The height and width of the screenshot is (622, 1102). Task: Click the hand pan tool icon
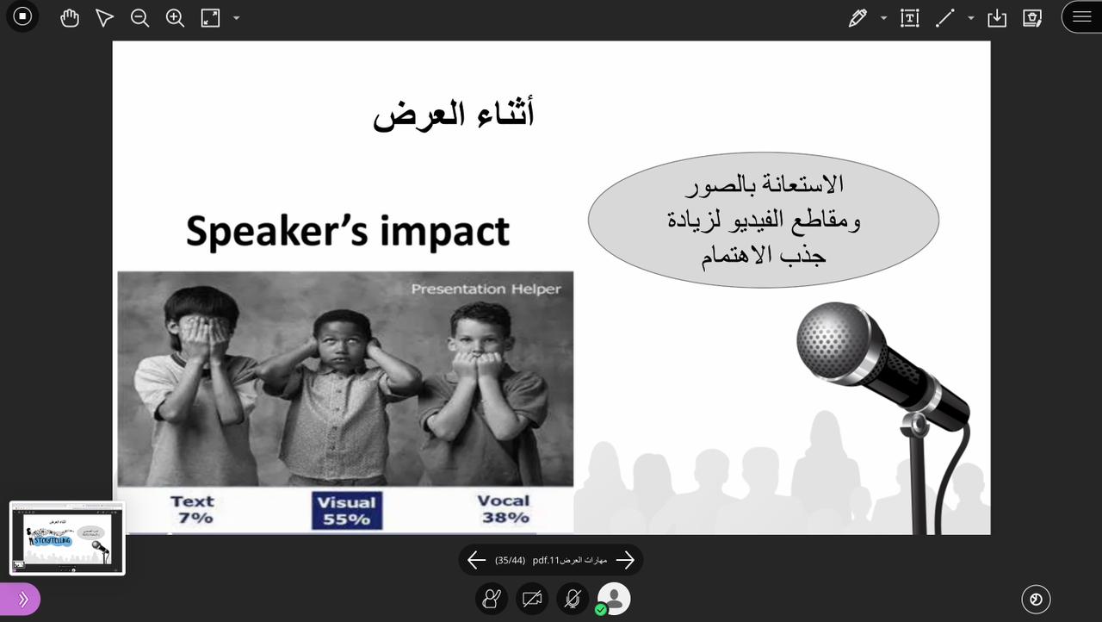pyautogui.click(x=70, y=18)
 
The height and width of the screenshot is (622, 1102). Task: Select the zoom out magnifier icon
pyautogui.click(x=139, y=18)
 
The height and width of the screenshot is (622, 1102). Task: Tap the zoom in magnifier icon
pyautogui.click(x=175, y=18)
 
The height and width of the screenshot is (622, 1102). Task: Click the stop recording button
pyautogui.click(x=22, y=16)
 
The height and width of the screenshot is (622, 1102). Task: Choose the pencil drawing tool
pyautogui.click(x=857, y=18)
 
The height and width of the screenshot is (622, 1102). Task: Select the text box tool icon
pyautogui.click(x=910, y=18)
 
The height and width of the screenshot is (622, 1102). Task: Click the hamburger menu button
pyautogui.click(x=1082, y=16)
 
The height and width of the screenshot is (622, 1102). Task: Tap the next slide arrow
pyautogui.click(x=625, y=560)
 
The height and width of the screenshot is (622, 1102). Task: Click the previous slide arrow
pyautogui.click(x=476, y=560)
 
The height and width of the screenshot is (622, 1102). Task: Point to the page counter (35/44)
pyautogui.click(x=510, y=561)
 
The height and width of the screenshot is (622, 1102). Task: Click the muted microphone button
pyautogui.click(x=573, y=599)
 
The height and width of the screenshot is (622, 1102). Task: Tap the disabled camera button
pyautogui.click(x=532, y=599)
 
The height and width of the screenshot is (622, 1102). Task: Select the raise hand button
pyautogui.click(x=492, y=599)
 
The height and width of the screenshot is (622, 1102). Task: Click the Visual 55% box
pyautogui.click(x=347, y=511)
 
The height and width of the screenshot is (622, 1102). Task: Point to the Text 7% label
pyautogui.click(x=192, y=510)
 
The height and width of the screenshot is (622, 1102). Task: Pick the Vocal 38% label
pyautogui.click(x=505, y=509)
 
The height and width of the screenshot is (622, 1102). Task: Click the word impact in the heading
pyautogui.click(x=445, y=231)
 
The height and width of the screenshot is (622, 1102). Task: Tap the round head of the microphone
pyautogui.click(x=833, y=340)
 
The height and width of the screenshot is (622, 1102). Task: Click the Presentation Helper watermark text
pyautogui.click(x=486, y=289)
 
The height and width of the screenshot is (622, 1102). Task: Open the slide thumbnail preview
pyautogui.click(x=67, y=538)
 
